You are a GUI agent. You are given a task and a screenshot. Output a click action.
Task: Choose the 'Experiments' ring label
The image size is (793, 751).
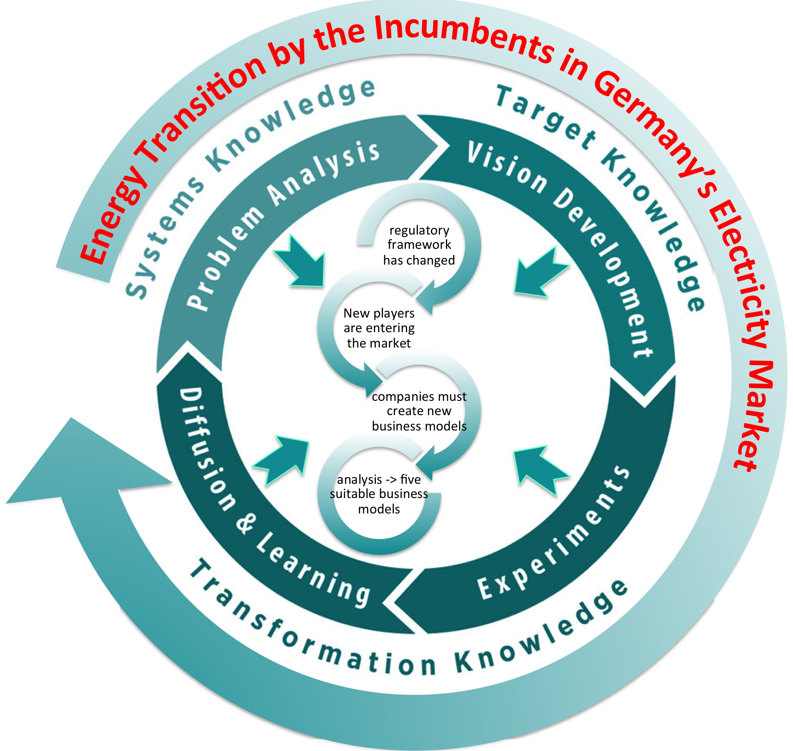pyautogui.click(x=556, y=536)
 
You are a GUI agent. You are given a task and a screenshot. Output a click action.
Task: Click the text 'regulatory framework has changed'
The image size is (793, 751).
pyautogui.click(x=419, y=245)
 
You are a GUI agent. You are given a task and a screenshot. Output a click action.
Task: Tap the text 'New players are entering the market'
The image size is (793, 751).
pyautogui.click(x=379, y=328)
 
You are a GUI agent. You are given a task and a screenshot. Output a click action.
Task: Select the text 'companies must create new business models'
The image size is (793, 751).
pyautogui.click(x=419, y=411)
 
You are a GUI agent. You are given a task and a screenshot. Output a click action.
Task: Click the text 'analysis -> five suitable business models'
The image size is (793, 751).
pyautogui.click(x=379, y=494)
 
